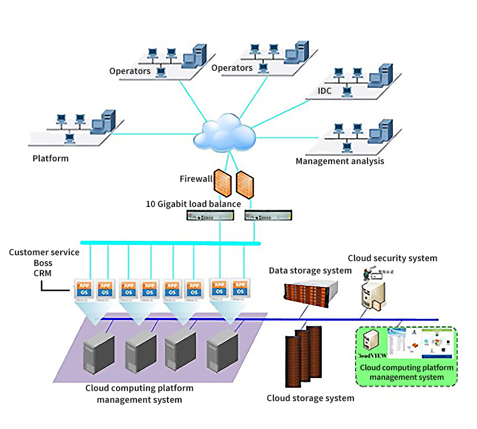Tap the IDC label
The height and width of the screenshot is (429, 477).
click(x=324, y=91)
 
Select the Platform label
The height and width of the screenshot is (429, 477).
click(x=50, y=158)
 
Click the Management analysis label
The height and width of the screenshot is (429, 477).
click(x=339, y=161)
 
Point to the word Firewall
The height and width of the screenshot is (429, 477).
click(x=196, y=179)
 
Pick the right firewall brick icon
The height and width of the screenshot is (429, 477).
click(x=245, y=184)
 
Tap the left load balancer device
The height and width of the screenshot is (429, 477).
click(x=211, y=216)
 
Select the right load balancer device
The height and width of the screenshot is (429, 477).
click(x=269, y=216)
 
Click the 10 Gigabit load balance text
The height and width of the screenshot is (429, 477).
click(x=193, y=204)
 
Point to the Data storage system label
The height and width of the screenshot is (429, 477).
click(x=310, y=270)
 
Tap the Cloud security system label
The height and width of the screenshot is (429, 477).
click(x=392, y=258)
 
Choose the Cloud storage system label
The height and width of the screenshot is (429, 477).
click(x=310, y=398)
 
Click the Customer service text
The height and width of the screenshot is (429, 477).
click(x=44, y=252)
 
